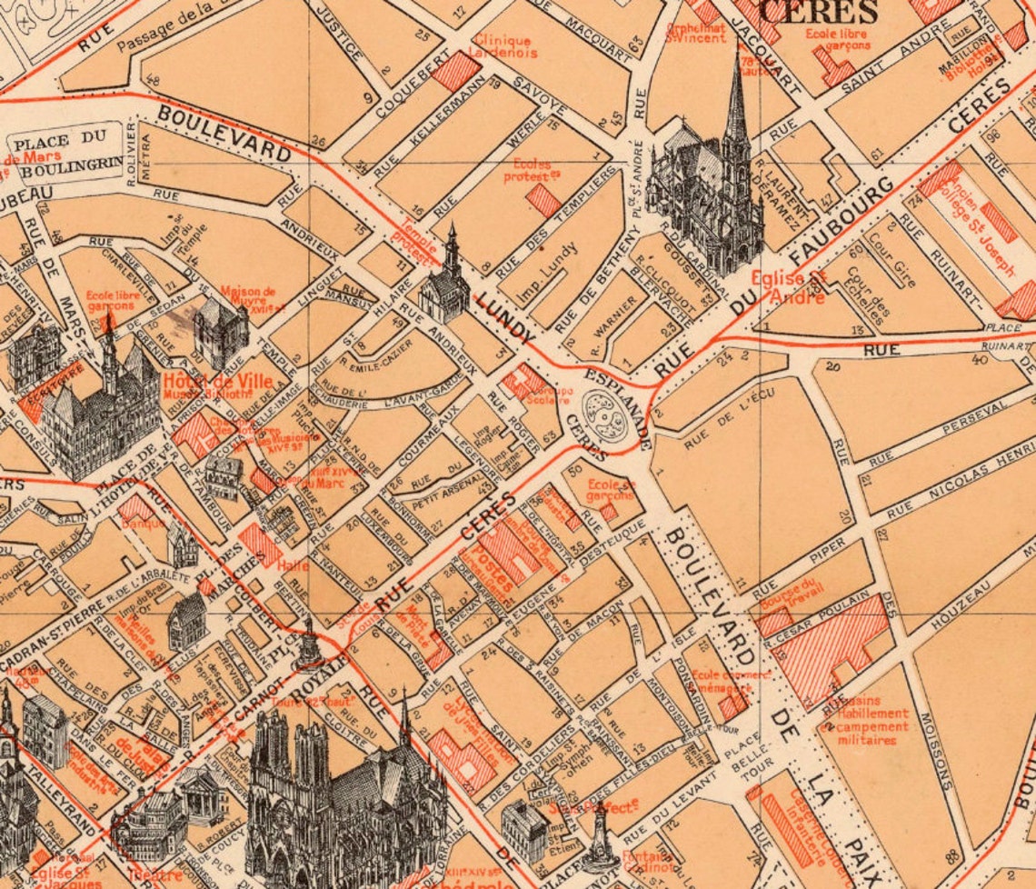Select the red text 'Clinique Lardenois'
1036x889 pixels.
pos(502,46)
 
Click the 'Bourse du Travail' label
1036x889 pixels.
pos(790,600)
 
